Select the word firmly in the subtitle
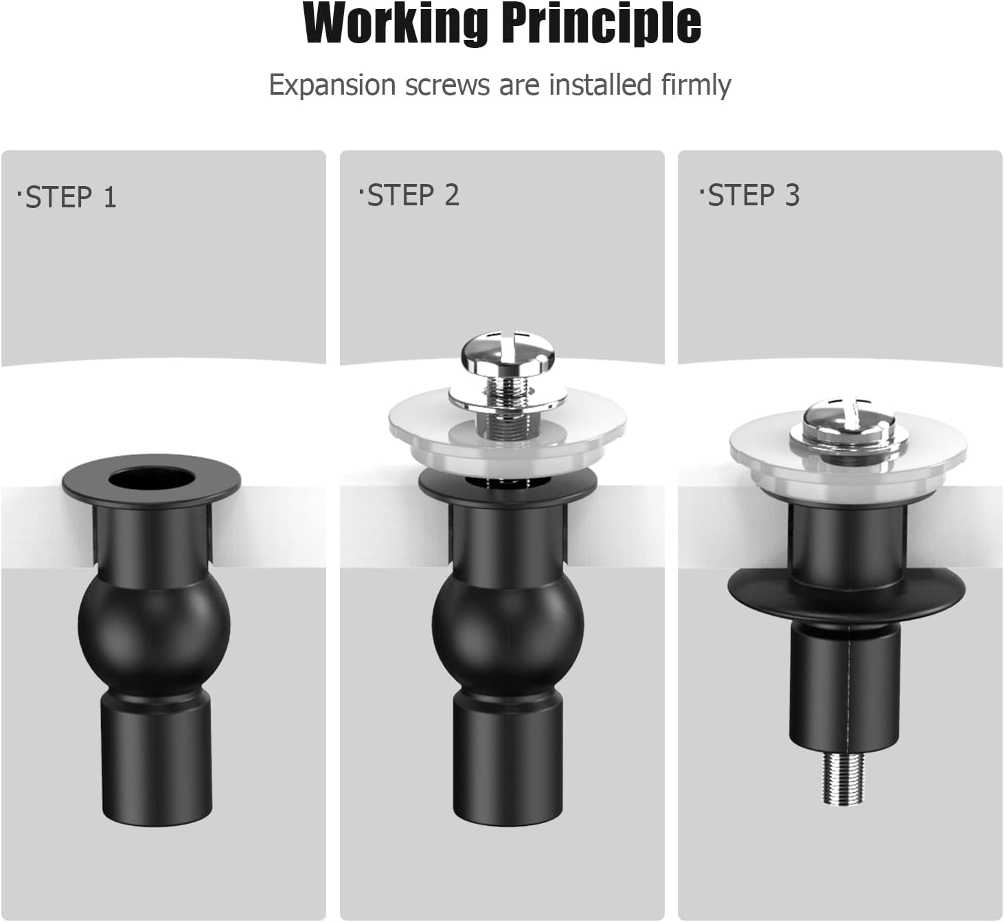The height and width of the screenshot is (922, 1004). pos(696,85)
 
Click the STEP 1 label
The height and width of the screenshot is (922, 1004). pos(69,198)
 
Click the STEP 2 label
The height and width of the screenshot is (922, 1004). pos(411,196)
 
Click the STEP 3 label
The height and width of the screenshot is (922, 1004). pos(751,196)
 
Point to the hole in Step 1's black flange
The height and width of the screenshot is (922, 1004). pos(151,478)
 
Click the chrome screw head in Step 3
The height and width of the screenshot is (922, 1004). pos(849,419)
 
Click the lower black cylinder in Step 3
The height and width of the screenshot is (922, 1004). pos(844,687)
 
